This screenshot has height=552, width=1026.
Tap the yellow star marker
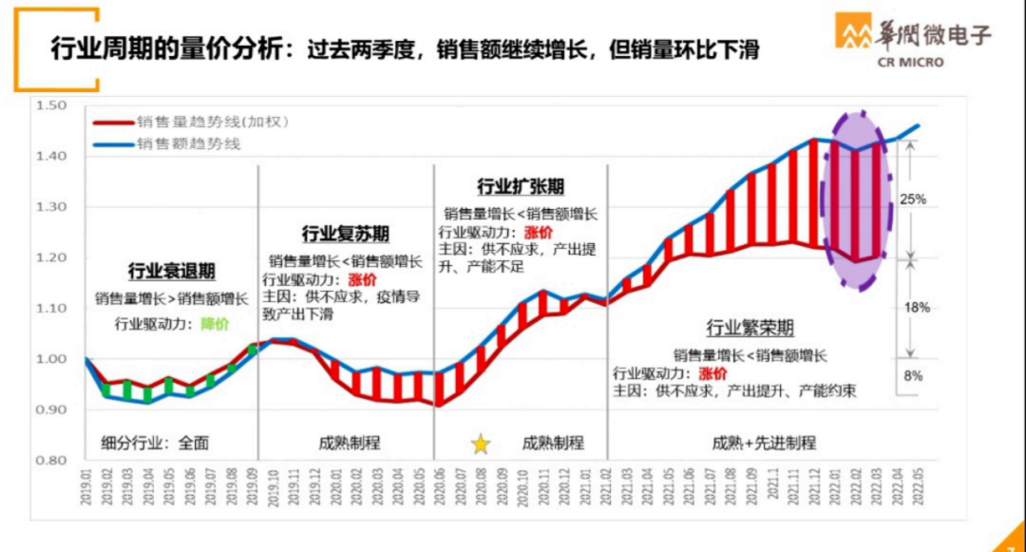[x=481, y=443]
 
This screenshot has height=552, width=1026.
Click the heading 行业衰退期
[x=172, y=272]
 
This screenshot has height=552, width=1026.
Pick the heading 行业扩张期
[x=520, y=187]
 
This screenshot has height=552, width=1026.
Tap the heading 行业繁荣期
[x=750, y=329]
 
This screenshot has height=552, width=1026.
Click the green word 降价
[x=215, y=324]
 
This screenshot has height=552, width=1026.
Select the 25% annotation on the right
[x=913, y=200]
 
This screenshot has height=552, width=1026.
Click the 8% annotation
[x=913, y=376]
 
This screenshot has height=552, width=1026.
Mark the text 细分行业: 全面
[x=155, y=443]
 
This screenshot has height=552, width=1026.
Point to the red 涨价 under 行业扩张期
[x=538, y=233]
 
